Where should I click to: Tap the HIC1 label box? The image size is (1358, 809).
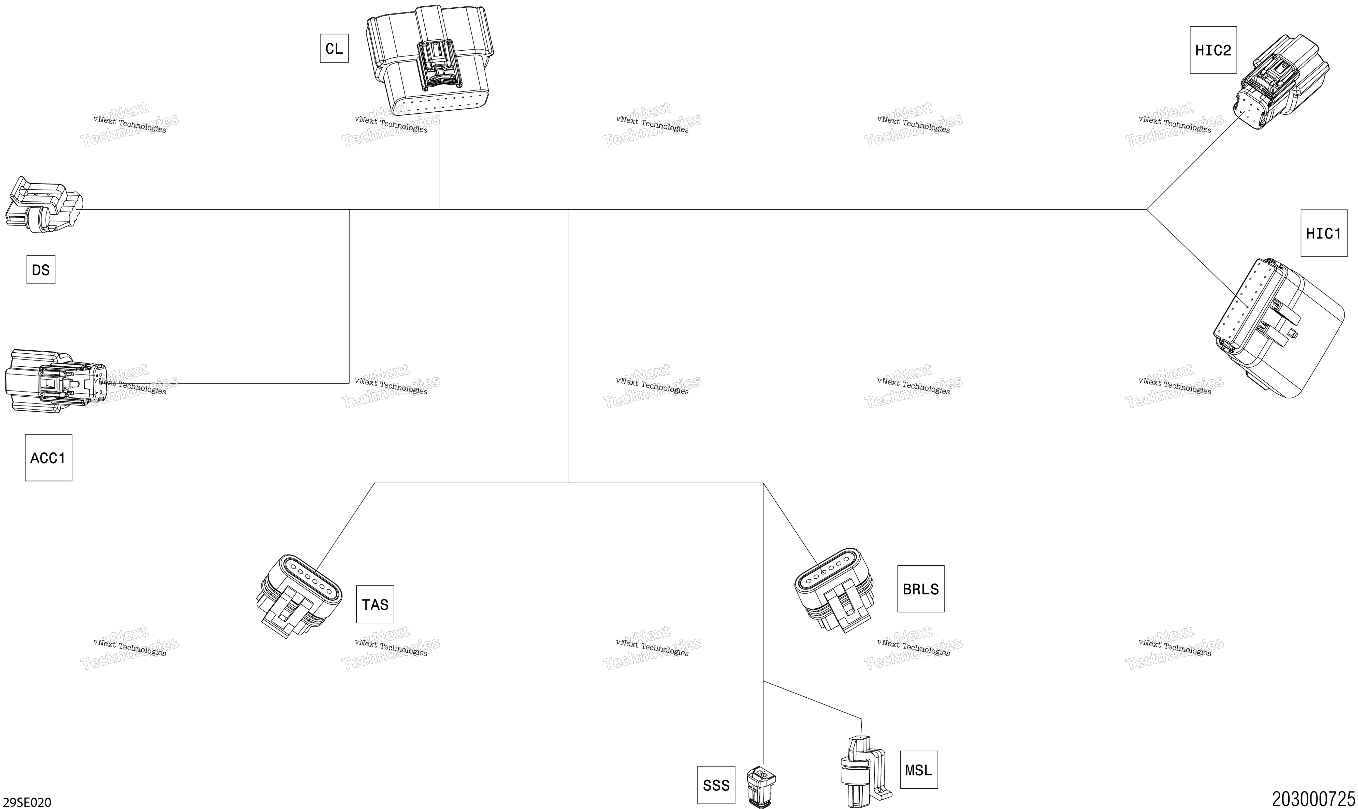tap(1324, 233)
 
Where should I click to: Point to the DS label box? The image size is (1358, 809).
tap(41, 270)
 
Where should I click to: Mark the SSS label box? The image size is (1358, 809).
tap(716, 785)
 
